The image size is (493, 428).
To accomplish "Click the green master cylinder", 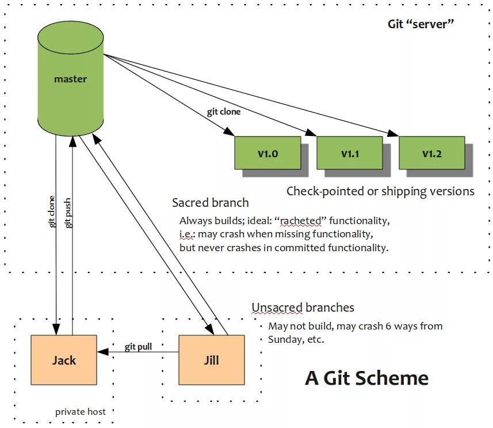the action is pos(70,79).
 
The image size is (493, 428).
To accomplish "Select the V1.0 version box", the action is pos(267,153).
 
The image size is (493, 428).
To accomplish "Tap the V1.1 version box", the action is pos(350,153).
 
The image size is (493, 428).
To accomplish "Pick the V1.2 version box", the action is pos(431,153).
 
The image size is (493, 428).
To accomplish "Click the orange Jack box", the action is pos(64,360).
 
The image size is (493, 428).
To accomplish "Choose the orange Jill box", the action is pos(212,360).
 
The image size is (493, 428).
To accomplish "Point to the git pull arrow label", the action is pos(138,347).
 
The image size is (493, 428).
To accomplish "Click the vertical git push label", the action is pos(67,213).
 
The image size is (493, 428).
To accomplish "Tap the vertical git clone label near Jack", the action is pos(52,211).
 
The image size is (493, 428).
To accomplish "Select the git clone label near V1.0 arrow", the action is pos(224,112).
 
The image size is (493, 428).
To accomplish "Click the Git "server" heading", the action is pos(421,24).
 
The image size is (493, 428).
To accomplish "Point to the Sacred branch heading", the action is pos(211,203).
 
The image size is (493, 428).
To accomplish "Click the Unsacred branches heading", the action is pos(303,308).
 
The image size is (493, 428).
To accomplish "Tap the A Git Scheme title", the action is pos(366,378).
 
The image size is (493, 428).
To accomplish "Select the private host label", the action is pos(81,412).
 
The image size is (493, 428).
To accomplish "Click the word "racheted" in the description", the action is pos(301,221).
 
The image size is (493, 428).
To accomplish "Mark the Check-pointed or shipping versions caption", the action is pos(380,191).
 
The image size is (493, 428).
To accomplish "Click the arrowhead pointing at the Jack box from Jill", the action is pos(102,351).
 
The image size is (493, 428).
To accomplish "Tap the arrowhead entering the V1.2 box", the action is pos(393,133).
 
